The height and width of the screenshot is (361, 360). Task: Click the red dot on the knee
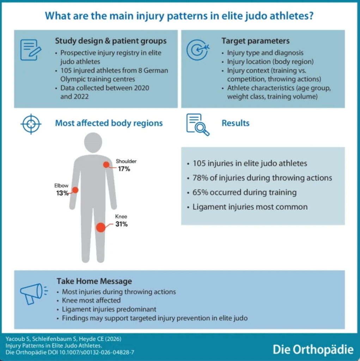coord(100,227)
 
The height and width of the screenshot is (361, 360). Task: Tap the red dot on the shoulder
coord(106,165)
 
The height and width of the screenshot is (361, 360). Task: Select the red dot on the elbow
coord(75,190)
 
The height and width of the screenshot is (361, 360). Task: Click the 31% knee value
coord(122,224)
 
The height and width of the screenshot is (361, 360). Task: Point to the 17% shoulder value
coord(124,169)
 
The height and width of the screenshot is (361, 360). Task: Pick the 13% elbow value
coord(62,193)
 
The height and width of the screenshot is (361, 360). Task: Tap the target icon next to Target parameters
coord(197,50)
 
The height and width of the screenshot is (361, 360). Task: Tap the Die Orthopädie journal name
coord(313,350)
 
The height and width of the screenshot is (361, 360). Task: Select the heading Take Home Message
coord(94,281)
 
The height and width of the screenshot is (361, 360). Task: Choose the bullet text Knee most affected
coord(91,301)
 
